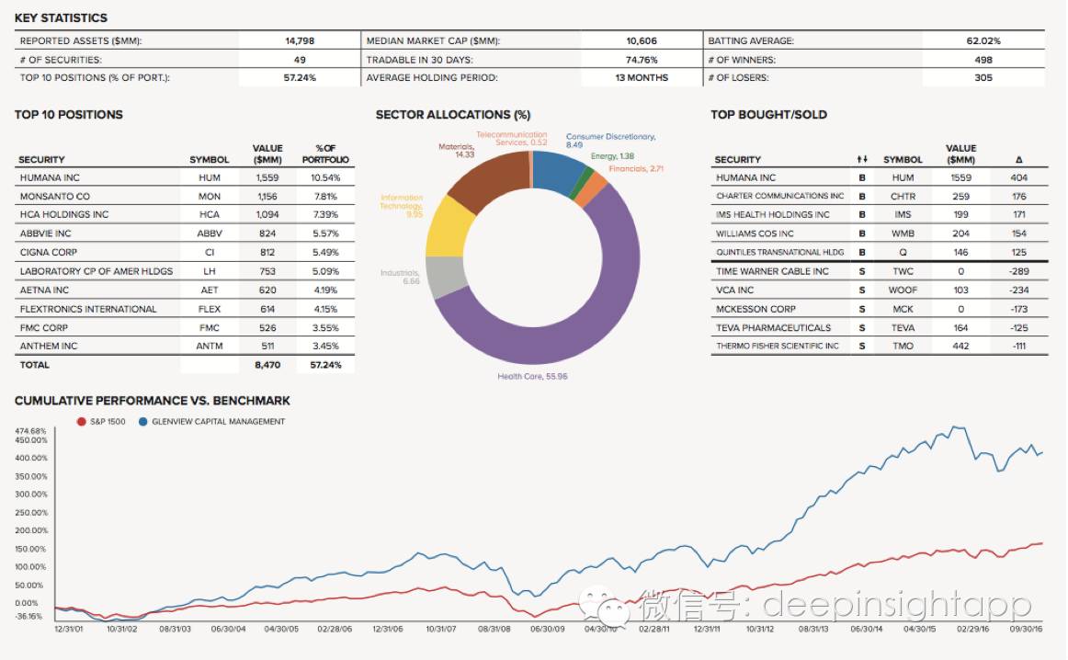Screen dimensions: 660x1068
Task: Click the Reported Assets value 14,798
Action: tap(301, 40)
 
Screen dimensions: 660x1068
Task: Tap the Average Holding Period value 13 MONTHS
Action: tap(642, 77)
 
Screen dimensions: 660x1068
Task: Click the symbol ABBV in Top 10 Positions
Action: tap(210, 233)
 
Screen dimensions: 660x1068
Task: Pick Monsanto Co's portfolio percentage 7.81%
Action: tap(326, 196)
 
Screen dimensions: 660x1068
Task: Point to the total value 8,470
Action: tap(267, 365)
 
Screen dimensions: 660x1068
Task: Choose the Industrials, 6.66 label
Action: tap(400, 277)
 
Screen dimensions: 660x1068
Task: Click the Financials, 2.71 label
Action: tap(636, 169)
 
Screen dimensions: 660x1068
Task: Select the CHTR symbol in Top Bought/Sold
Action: tap(903, 196)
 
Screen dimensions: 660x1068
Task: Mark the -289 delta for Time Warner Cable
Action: tap(1018, 271)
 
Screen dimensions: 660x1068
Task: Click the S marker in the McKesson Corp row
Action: tap(862, 309)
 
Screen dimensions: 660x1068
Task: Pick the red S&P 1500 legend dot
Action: tap(82, 422)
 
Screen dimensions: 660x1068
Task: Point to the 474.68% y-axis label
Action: tap(30, 431)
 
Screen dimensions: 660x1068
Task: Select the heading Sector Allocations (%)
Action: tap(453, 115)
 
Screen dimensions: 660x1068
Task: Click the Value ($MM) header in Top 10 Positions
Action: tap(267, 154)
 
